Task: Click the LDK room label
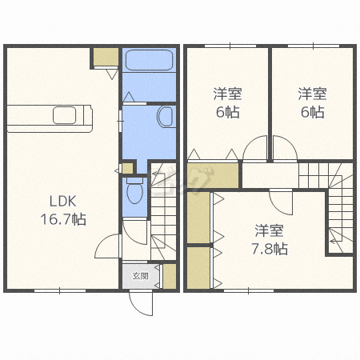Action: pos(63,201)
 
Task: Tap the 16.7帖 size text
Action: pos(63,219)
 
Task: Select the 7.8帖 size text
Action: pos(270,249)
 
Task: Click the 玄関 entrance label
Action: pos(141,276)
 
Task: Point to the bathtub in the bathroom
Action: pos(149,60)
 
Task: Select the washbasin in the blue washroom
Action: pos(166,117)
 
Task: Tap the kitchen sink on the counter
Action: pos(64,115)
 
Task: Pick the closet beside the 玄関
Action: pos(170,276)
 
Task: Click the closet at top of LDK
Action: pos(106,57)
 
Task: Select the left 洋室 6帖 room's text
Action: pos(227,103)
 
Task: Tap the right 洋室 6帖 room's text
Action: pos(312,103)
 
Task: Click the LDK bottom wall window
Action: pos(60,290)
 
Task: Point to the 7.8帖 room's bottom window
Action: pos(249,290)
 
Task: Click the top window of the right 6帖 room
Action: pos(314,46)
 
